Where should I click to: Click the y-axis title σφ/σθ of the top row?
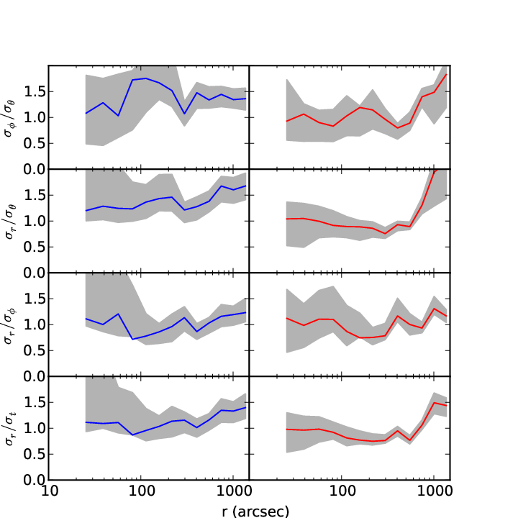pos(9,118)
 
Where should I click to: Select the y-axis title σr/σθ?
pos(9,221)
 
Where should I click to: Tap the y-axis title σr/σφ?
pos(9,325)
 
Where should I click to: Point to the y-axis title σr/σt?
pos(9,429)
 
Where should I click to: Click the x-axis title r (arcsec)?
pos(255,512)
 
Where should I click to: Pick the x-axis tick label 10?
pos(50,491)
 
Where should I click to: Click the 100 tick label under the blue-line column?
pos(142,491)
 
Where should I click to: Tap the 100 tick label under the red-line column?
pos(342,491)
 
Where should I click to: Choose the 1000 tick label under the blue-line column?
pos(234,491)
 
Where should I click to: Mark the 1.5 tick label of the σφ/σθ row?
pos(35,91)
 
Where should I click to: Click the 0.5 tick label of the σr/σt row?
pos(35,454)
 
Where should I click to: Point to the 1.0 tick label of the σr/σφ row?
pos(35,324)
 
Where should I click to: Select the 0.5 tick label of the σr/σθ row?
pos(35,247)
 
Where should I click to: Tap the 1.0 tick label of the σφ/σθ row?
pos(35,117)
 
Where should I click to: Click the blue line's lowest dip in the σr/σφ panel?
pos(132,340)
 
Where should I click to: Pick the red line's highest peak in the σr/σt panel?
pos(434,403)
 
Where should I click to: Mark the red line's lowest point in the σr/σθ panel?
pos(385,234)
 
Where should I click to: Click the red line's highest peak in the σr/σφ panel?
pos(434,309)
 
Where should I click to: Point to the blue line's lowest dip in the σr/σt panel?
pos(132,435)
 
